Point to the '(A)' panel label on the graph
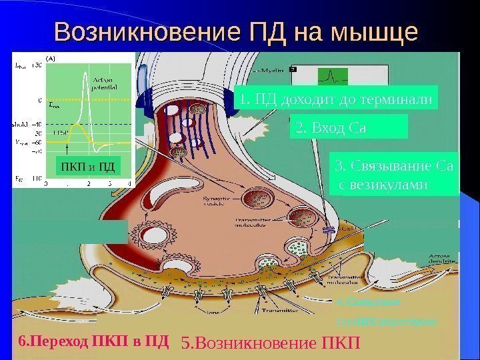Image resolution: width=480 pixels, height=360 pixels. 49,58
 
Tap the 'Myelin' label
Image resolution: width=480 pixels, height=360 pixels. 271,69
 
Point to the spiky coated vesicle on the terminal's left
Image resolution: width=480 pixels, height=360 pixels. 149,234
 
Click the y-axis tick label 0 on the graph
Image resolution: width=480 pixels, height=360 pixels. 39,99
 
